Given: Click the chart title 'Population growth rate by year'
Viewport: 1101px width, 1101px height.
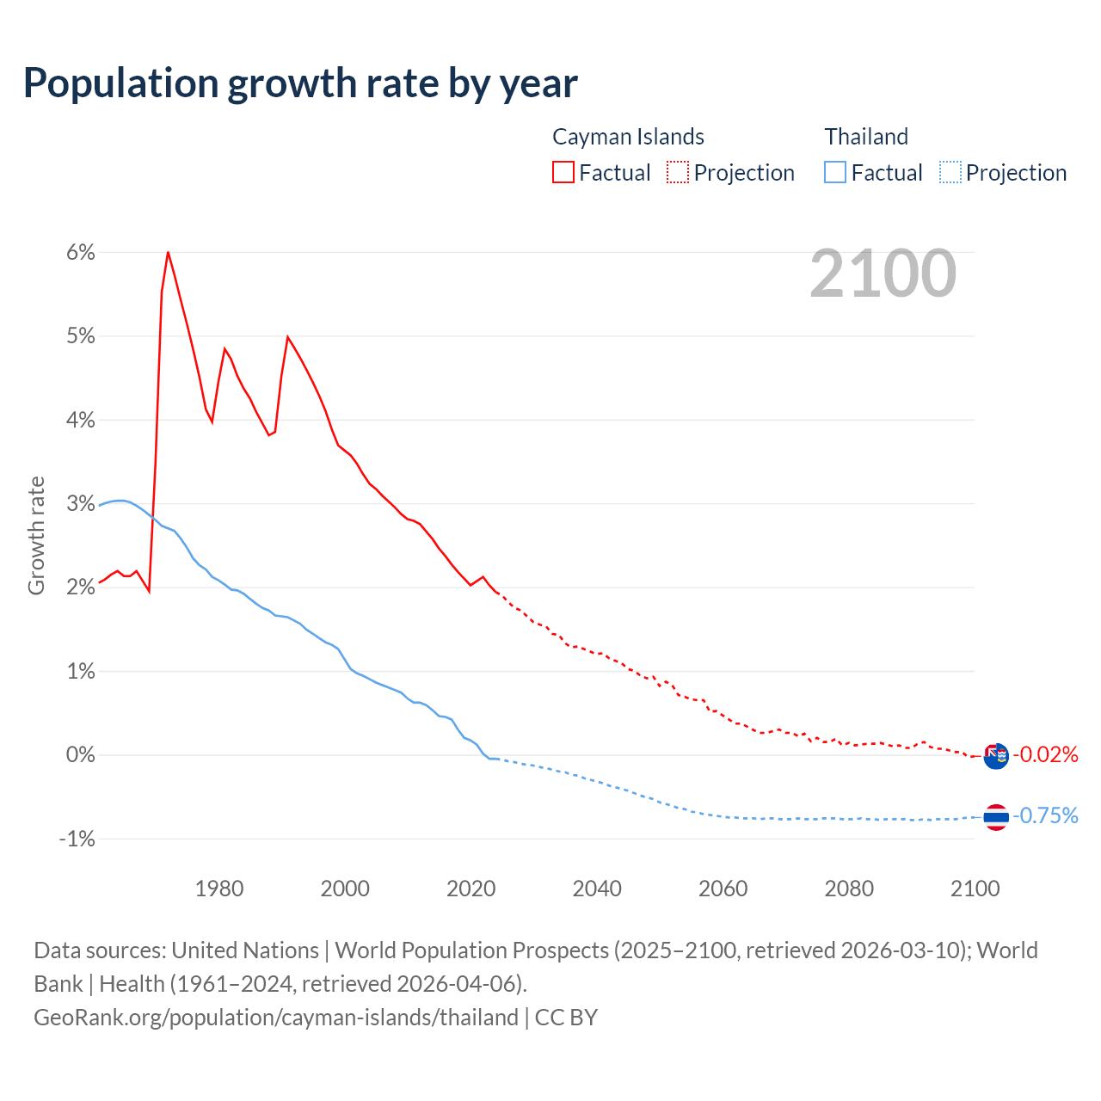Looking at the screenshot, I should coord(300,83).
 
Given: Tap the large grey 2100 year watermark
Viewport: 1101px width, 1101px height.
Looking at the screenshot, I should coord(883,273).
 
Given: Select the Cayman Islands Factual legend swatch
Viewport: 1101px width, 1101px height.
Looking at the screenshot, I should coord(563,172).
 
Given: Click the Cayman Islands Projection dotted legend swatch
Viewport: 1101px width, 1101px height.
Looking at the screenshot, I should coord(678,172).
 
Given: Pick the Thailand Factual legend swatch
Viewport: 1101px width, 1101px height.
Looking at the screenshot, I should coord(835,172).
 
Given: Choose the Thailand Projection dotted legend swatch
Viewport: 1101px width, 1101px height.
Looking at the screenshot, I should coord(950,172).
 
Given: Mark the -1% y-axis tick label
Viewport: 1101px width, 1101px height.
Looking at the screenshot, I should coord(77,839).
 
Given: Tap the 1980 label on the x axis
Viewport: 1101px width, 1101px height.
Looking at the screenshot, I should coord(219,889).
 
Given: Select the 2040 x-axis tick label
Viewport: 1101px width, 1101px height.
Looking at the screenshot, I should coord(597,889).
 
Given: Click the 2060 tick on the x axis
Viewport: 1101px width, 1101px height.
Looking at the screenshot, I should coord(723,889).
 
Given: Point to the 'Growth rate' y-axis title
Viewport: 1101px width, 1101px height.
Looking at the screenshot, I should coord(36,535).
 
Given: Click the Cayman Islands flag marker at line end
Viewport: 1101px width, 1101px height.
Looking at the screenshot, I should coord(996,756).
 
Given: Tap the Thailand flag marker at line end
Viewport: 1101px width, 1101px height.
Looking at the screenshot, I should coord(996,817).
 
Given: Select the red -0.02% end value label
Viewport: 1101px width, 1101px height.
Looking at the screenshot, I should coord(1045,755).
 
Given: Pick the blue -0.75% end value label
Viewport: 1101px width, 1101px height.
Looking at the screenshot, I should coord(1045,815).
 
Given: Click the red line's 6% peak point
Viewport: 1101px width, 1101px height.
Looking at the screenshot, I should coord(168,252).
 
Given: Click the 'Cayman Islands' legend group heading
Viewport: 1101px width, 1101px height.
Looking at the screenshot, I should coord(628,137).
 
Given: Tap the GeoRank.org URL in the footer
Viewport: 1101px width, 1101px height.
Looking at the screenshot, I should coord(275,1018).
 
